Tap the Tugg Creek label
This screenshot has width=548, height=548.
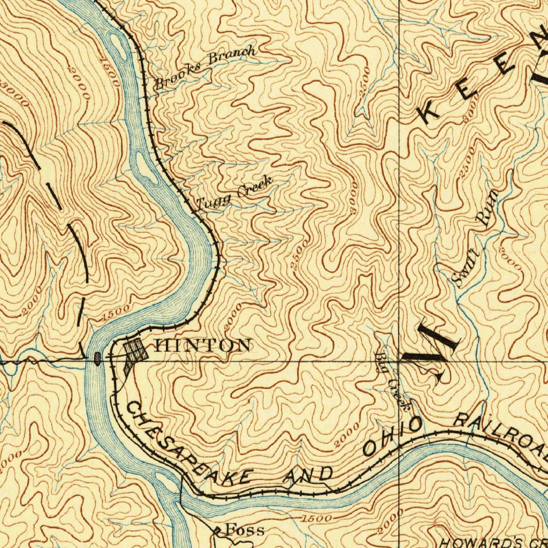tap(234, 194)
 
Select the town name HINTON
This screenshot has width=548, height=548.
tap(204, 345)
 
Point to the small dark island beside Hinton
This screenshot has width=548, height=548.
tap(97, 357)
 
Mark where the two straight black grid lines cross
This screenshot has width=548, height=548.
tap(399, 361)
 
